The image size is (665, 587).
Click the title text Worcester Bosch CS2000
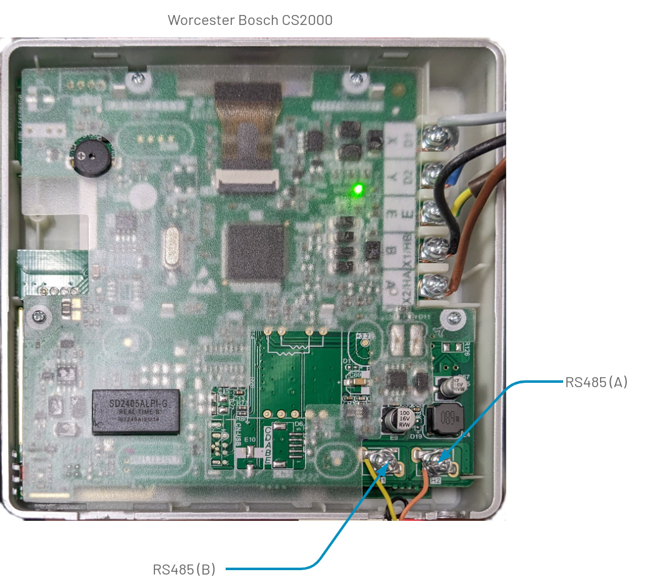point(250,20)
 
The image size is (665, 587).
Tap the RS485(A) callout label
point(596,382)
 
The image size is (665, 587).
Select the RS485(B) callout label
point(184,569)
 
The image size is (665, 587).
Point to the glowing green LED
point(358,188)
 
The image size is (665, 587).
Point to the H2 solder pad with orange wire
point(435,463)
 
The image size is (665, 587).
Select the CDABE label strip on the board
point(267,445)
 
